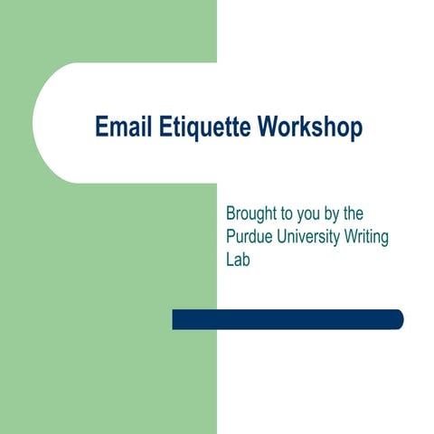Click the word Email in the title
(x=122, y=127)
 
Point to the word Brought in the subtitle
(x=253, y=215)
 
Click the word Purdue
(x=250, y=237)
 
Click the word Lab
(x=238, y=259)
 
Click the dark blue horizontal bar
(x=288, y=319)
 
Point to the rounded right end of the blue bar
(x=398, y=319)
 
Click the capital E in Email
(x=101, y=127)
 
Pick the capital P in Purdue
(x=231, y=237)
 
